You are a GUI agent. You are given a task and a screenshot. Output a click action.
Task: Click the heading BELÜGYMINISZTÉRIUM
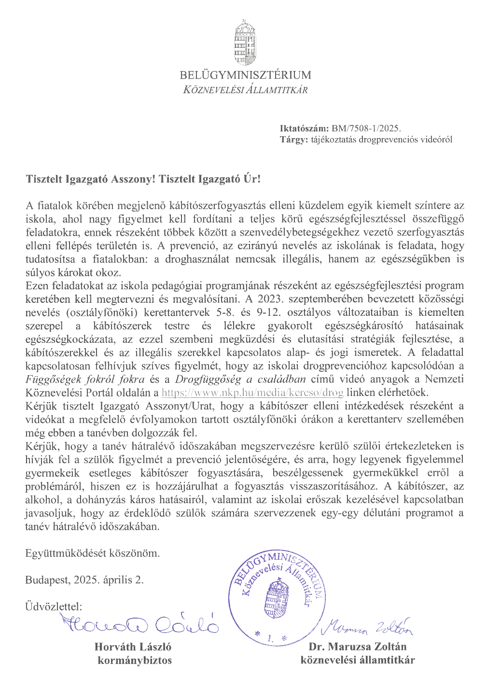[x=245, y=75]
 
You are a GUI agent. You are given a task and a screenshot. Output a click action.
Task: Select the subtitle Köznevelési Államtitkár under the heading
[x=245, y=90]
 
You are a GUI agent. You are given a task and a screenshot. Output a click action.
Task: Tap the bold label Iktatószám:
[x=304, y=128]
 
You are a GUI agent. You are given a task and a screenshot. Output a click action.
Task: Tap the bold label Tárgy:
[x=293, y=140]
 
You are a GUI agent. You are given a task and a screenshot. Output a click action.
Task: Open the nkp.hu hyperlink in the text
[x=252, y=393]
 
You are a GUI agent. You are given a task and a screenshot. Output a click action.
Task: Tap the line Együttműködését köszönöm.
[x=92, y=553]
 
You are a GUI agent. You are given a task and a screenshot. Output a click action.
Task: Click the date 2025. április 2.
[x=109, y=580]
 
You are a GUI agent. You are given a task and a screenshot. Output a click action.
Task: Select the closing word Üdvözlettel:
[x=54, y=606]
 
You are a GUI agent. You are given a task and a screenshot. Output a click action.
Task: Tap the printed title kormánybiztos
[x=135, y=661]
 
